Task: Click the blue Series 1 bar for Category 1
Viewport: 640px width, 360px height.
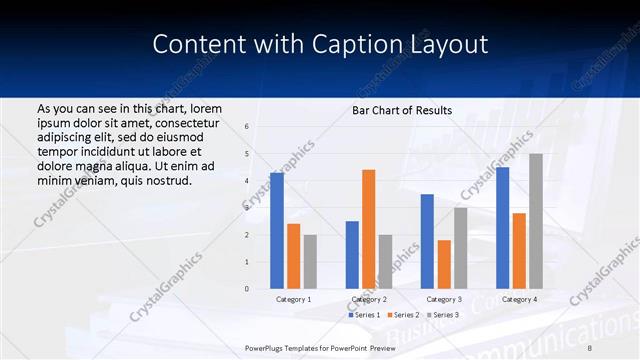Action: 277,231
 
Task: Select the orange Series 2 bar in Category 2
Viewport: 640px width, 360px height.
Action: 368,229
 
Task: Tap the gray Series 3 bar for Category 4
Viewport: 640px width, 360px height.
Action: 536,221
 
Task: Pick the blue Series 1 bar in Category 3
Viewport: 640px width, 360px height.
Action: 427,241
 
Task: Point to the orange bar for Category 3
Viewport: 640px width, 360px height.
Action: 444,264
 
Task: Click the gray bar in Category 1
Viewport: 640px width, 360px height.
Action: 310,262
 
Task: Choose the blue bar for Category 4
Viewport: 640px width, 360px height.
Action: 502,228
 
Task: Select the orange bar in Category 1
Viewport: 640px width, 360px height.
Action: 293,256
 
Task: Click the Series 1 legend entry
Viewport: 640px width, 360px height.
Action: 365,315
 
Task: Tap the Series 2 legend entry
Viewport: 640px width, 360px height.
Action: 403,315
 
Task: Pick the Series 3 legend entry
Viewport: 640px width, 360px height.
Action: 443,315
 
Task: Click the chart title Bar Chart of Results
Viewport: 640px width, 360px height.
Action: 402,110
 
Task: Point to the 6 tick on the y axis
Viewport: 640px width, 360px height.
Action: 247,127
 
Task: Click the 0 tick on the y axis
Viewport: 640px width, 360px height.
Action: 247,289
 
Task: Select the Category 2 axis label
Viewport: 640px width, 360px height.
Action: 369,299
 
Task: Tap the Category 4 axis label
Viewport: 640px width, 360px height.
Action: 519,299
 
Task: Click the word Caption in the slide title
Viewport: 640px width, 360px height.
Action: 346,44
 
